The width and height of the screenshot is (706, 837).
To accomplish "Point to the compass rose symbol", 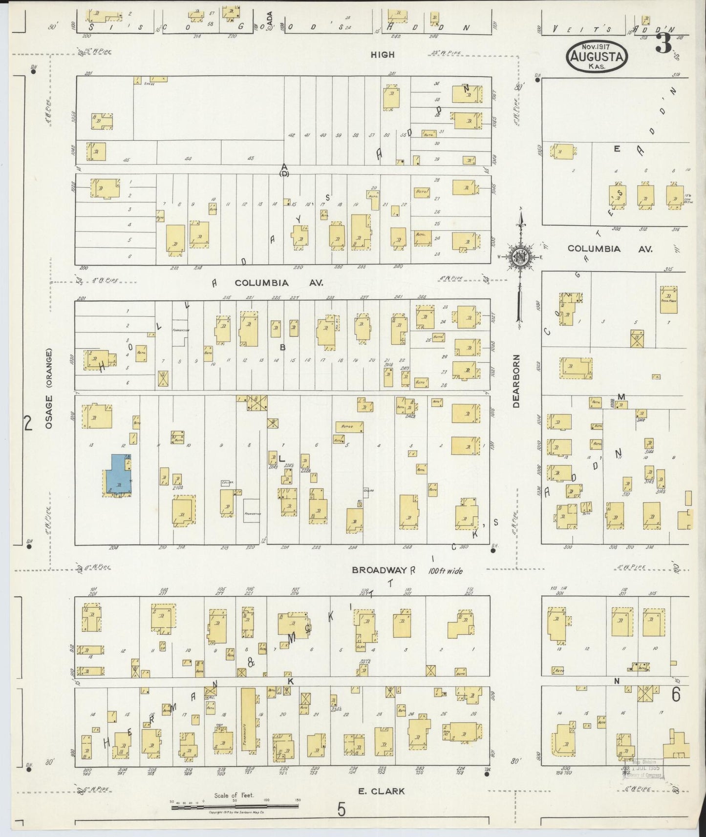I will (521, 256).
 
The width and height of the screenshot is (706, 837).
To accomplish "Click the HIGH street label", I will (383, 55).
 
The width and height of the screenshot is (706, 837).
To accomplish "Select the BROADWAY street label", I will (380, 570).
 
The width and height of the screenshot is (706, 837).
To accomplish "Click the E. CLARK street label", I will (382, 791).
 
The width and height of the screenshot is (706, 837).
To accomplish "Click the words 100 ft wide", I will (446, 570).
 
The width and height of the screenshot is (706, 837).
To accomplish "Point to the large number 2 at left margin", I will (28, 422).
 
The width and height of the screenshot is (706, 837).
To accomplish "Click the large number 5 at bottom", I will (341, 809).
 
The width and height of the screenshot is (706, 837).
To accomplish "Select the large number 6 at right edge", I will (676, 694).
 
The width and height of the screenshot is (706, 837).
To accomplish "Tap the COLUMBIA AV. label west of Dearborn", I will (278, 283).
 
